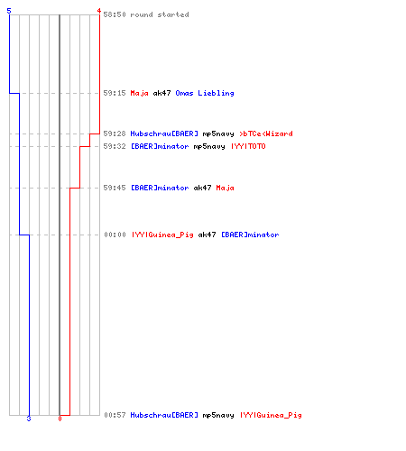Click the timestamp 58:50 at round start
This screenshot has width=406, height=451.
pos(115,14)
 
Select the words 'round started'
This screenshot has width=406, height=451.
pos(160,14)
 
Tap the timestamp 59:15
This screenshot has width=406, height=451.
pos(115,93)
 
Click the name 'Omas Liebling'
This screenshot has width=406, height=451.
pos(205,93)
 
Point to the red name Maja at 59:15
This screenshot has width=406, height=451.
pos(139,93)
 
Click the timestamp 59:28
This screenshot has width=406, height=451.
pos(115,133)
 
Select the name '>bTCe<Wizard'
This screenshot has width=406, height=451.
pos(266,133)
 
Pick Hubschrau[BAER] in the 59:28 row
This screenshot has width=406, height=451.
pos(164,133)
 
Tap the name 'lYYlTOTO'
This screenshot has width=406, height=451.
pos(248,146)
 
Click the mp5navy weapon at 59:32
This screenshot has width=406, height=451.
pos(209,147)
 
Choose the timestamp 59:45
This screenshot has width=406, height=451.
pos(115,188)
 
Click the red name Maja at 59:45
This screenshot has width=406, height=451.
pos(225,189)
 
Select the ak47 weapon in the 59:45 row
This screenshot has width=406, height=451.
pos(202,188)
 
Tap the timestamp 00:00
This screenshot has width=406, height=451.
pos(115,235)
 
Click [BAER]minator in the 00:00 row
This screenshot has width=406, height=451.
pos(250,235)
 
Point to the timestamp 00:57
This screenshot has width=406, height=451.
pos(115,415)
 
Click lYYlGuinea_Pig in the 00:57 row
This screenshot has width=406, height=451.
pos(271,415)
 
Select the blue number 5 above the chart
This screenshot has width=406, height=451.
pos(9,11)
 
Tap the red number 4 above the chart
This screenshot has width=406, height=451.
pos(98,11)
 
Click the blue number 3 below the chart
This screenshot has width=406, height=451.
pos(29,419)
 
